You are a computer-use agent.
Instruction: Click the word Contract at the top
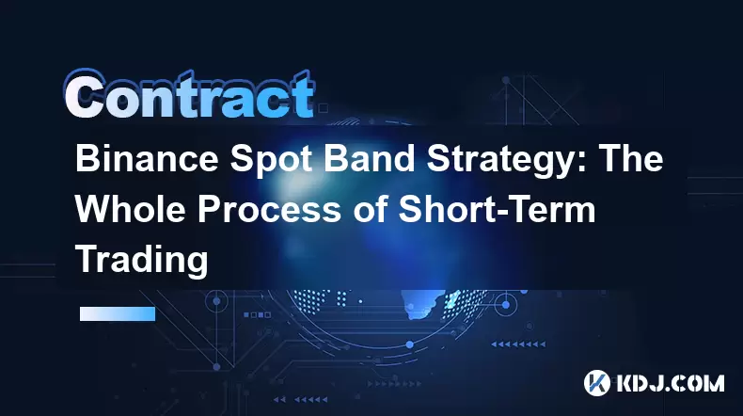point(189,95)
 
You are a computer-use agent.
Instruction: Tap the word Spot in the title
point(271,159)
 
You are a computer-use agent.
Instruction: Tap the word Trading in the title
point(142,262)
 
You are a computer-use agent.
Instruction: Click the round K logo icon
point(596,383)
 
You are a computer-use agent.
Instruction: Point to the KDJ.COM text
point(670,383)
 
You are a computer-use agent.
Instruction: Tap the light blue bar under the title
point(118,313)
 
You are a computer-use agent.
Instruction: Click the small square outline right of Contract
point(324,108)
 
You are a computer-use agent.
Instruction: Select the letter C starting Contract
point(85,95)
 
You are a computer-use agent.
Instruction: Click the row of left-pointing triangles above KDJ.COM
point(518,344)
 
